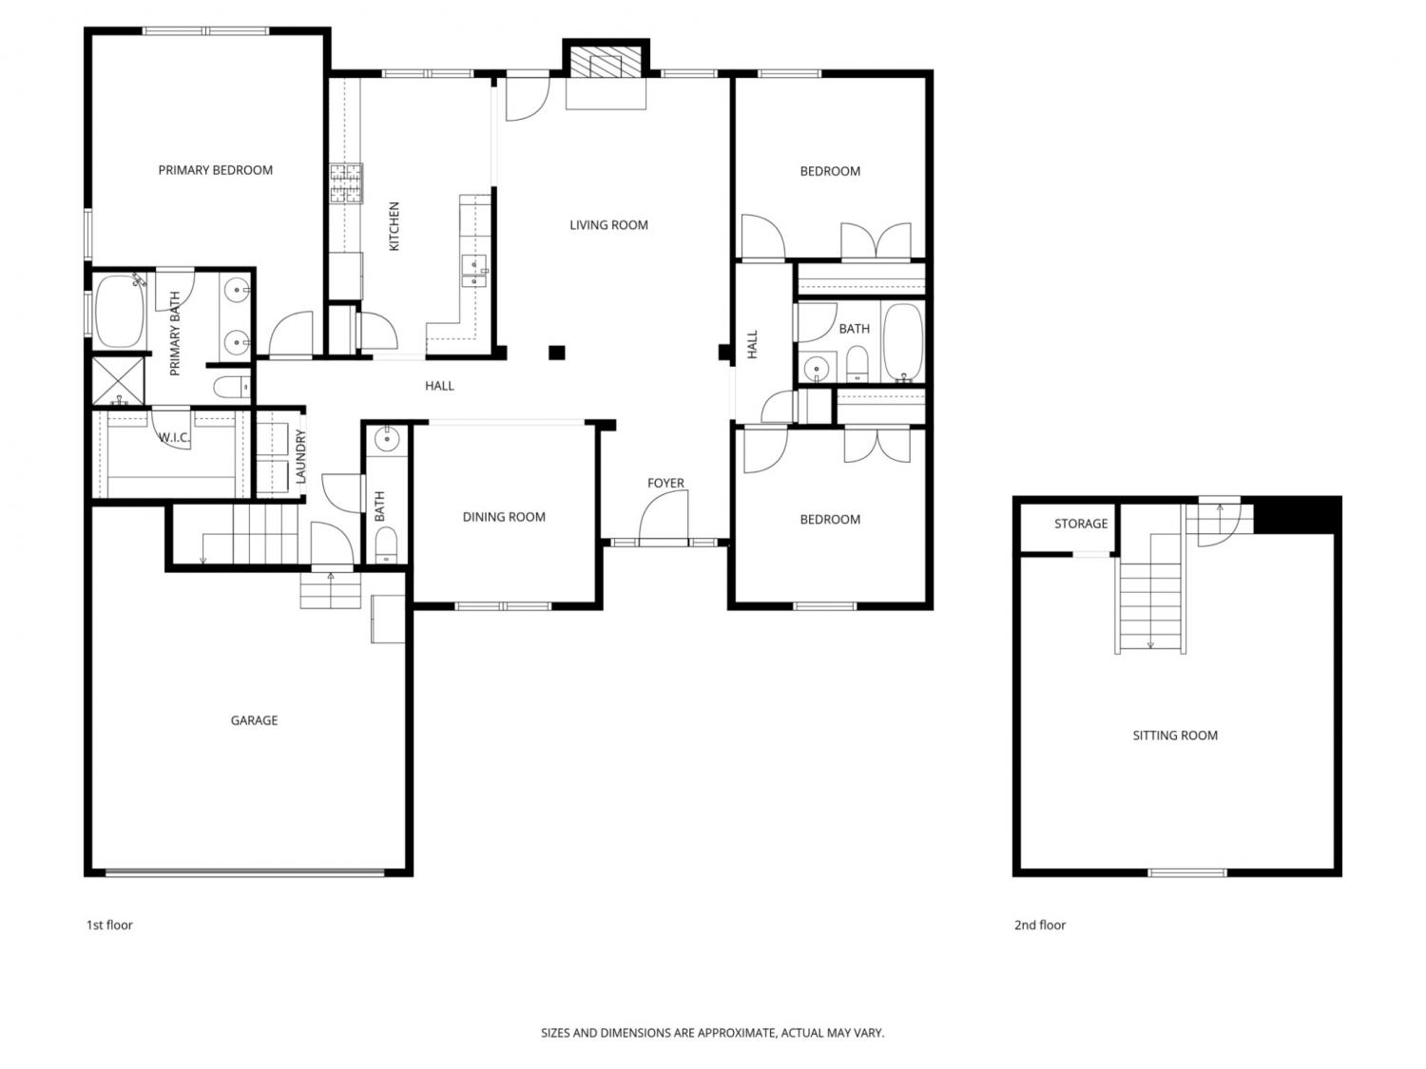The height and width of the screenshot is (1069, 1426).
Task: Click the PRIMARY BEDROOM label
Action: (x=215, y=170)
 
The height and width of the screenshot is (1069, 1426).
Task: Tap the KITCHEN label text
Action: (x=394, y=226)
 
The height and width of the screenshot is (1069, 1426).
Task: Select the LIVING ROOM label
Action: (x=608, y=225)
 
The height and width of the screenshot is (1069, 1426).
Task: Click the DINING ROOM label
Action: (x=504, y=517)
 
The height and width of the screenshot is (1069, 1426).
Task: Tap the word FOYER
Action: (x=665, y=483)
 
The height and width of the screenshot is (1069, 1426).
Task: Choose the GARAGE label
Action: (x=254, y=720)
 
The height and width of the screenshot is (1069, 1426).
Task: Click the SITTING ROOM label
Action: (x=1175, y=735)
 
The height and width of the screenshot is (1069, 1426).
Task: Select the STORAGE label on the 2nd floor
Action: (x=1080, y=524)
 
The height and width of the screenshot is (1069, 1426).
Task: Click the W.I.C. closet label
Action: (x=174, y=438)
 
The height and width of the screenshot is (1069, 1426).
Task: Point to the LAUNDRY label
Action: (x=300, y=456)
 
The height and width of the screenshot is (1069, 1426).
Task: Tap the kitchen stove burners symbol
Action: (x=346, y=183)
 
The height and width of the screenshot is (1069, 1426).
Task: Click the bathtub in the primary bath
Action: (x=120, y=312)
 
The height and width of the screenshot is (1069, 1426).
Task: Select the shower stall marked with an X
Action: (x=118, y=381)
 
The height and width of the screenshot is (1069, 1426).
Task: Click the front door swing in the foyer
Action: (x=664, y=515)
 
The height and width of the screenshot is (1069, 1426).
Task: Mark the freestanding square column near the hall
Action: (x=557, y=353)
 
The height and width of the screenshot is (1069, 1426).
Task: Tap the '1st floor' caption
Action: (x=109, y=925)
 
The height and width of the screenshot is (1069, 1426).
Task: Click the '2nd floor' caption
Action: (x=1039, y=925)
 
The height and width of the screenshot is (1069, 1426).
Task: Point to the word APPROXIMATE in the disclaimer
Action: (x=737, y=1033)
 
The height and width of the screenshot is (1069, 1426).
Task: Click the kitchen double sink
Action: (x=474, y=272)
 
